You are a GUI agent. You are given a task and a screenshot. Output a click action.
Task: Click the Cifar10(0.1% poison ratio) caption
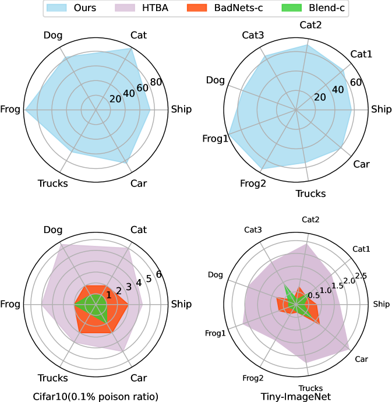[96, 397]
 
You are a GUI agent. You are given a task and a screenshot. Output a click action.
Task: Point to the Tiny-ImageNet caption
[296, 397]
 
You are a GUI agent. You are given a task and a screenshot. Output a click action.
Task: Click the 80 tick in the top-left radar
[156, 82]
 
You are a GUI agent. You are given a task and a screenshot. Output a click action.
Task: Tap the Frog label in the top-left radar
[10, 109]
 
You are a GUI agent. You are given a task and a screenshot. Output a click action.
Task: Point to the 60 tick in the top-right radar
[356, 82]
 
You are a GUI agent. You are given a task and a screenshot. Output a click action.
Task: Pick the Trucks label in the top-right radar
[310, 193]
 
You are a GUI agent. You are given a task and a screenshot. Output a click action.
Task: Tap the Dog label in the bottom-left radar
[52, 230]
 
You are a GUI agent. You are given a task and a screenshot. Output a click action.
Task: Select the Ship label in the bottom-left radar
[181, 304]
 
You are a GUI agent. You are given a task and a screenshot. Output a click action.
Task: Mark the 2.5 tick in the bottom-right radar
[361, 275]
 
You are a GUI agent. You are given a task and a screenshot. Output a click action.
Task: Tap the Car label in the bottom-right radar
[362, 359]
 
